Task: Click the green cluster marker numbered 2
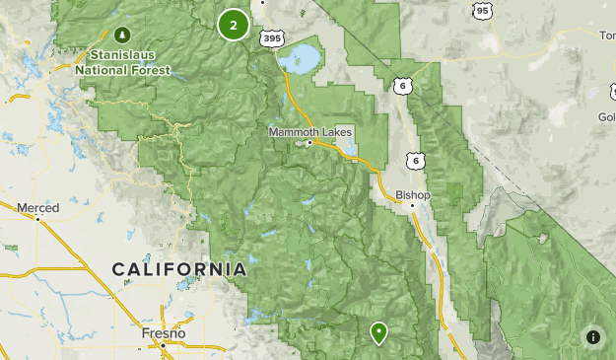pyautogui.click(x=233, y=25)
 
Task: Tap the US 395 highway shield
pyautogui.click(x=271, y=37)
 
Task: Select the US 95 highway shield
pyautogui.click(x=481, y=11)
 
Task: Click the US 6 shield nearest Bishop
pyautogui.click(x=417, y=160)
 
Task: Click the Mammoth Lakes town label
pyautogui.click(x=309, y=132)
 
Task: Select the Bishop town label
pyautogui.click(x=414, y=194)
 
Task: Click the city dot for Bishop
pyautogui.click(x=412, y=205)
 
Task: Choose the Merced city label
pyautogui.click(x=37, y=207)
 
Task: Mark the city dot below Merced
pyautogui.click(x=37, y=219)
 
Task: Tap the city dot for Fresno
pyautogui.click(x=158, y=345)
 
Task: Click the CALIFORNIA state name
pyautogui.click(x=178, y=269)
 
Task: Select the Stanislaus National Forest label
pyautogui.click(x=123, y=62)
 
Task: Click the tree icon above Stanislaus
pyautogui.click(x=123, y=35)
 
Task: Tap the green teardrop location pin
pyautogui.click(x=378, y=332)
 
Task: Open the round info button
pyautogui.click(x=593, y=337)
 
